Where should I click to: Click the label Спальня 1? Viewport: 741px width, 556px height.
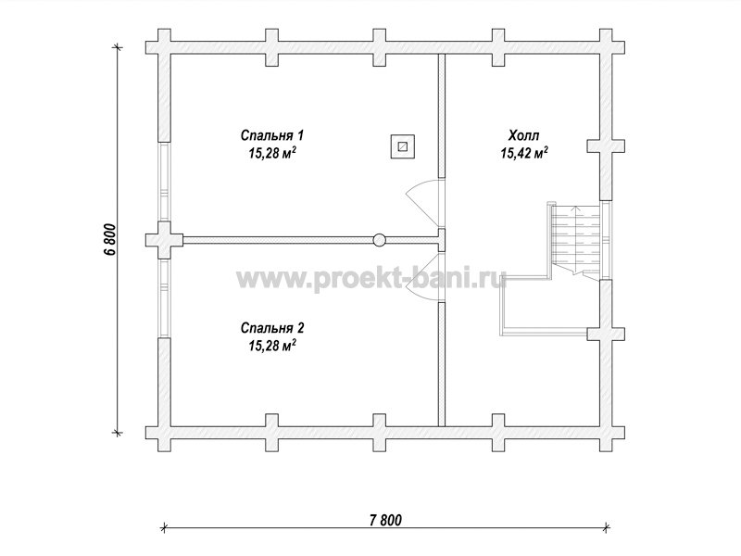click(271, 135)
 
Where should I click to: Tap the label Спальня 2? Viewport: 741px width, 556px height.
click(272, 328)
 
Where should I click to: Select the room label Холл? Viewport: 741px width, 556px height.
click(523, 136)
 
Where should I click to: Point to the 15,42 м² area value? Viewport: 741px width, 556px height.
click(524, 153)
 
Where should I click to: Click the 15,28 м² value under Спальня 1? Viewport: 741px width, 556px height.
click(272, 153)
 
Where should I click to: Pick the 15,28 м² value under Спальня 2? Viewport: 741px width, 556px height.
click(272, 346)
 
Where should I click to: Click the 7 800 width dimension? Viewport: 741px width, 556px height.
click(385, 520)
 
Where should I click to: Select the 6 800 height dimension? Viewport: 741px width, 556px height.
click(109, 239)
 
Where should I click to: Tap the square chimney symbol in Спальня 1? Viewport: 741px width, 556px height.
click(403, 146)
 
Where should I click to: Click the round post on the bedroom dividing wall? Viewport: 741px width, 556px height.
click(379, 240)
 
